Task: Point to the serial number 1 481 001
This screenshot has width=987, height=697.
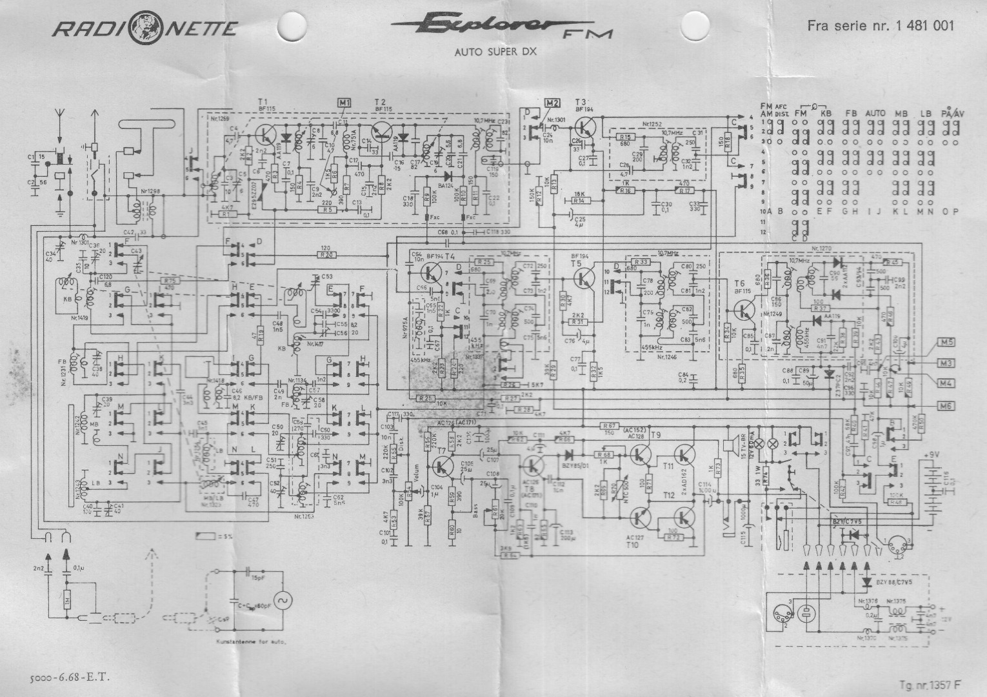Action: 924,26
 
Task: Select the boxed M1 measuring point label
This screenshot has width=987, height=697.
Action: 343,103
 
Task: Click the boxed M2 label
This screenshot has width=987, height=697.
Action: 552,103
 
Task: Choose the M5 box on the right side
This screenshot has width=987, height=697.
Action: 946,343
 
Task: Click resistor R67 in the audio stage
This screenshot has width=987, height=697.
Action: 608,426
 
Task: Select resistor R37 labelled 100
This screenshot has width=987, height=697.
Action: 820,308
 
